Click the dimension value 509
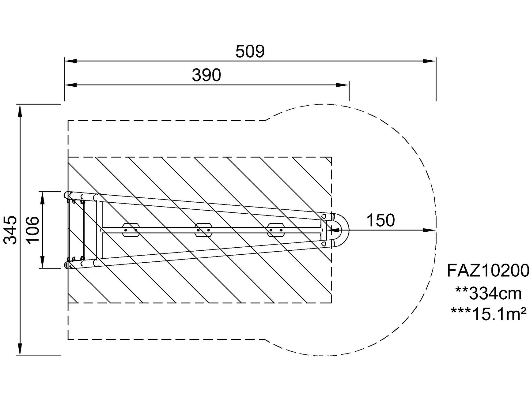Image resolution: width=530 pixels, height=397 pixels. [250, 51]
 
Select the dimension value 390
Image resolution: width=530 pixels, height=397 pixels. [206, 75]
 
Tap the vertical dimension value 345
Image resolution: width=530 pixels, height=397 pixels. [11, 230]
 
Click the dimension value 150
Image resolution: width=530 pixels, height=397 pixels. [380, 220]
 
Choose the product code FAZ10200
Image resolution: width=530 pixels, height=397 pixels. [488, 271]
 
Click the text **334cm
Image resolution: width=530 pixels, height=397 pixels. [488, 294]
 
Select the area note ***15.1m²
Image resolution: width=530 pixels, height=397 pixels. [488, 314]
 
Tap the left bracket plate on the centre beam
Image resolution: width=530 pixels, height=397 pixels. [131, 230]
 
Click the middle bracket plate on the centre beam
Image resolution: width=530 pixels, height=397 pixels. [203, 230]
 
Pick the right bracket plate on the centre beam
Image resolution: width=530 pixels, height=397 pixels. [276, 230]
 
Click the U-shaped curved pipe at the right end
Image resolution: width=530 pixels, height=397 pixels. [343, 230]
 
